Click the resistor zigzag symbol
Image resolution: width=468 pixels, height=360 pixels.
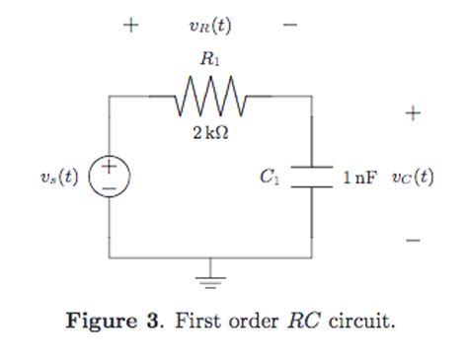click(209, 98)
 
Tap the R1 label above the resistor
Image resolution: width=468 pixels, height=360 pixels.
click(210, 60)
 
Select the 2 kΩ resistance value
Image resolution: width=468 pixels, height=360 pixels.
click(210, 133)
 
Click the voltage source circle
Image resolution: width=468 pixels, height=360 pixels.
click(109, 179)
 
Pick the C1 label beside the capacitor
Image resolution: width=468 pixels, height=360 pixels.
click(270, 179)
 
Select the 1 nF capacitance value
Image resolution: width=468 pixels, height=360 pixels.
click(359, 179)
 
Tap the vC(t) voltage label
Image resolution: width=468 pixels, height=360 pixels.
click(412, 179)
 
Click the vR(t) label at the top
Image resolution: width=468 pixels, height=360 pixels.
click(210, 25)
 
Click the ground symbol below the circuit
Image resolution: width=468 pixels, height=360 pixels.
click(209, 278)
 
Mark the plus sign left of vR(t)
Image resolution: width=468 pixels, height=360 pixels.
click(129, 25)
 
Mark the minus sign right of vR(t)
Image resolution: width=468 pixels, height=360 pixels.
click(289, 25)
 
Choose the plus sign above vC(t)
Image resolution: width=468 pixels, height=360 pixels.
click(413, 113)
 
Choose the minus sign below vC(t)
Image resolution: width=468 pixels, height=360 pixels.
click(413, 240)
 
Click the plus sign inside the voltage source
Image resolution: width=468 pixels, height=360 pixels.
click(109, 170)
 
